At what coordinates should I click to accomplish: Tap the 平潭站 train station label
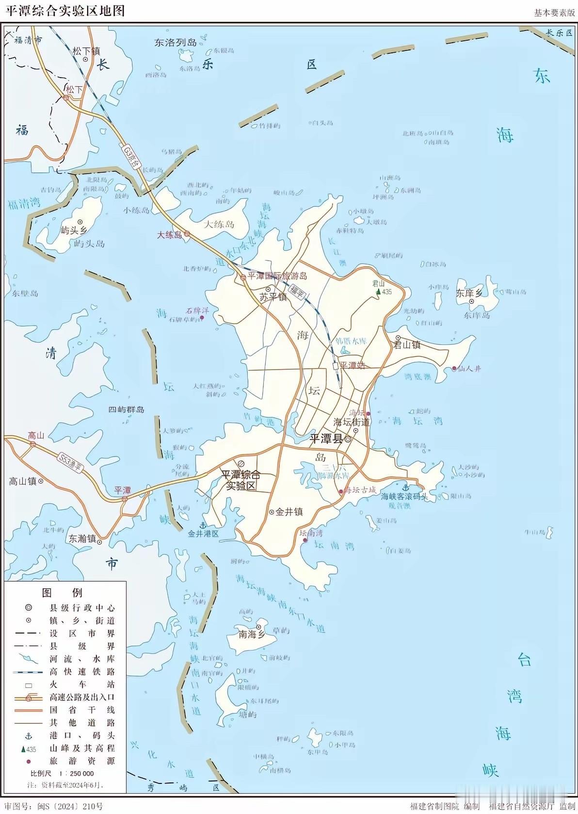point(353,365)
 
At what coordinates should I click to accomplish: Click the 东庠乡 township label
point(469,293)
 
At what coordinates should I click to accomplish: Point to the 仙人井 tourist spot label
point(469,369)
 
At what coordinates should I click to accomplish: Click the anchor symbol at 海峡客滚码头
point(406,488)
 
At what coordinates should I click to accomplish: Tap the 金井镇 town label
point(289,511)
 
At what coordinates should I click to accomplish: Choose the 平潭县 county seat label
point(326,439)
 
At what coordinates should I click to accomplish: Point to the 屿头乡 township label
point(74,230)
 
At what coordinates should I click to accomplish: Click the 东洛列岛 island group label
point(176,43)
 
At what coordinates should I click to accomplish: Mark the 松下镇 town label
point(86,50)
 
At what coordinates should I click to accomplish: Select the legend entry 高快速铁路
point(82,672)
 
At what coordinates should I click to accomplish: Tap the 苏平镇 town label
point(273,297)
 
